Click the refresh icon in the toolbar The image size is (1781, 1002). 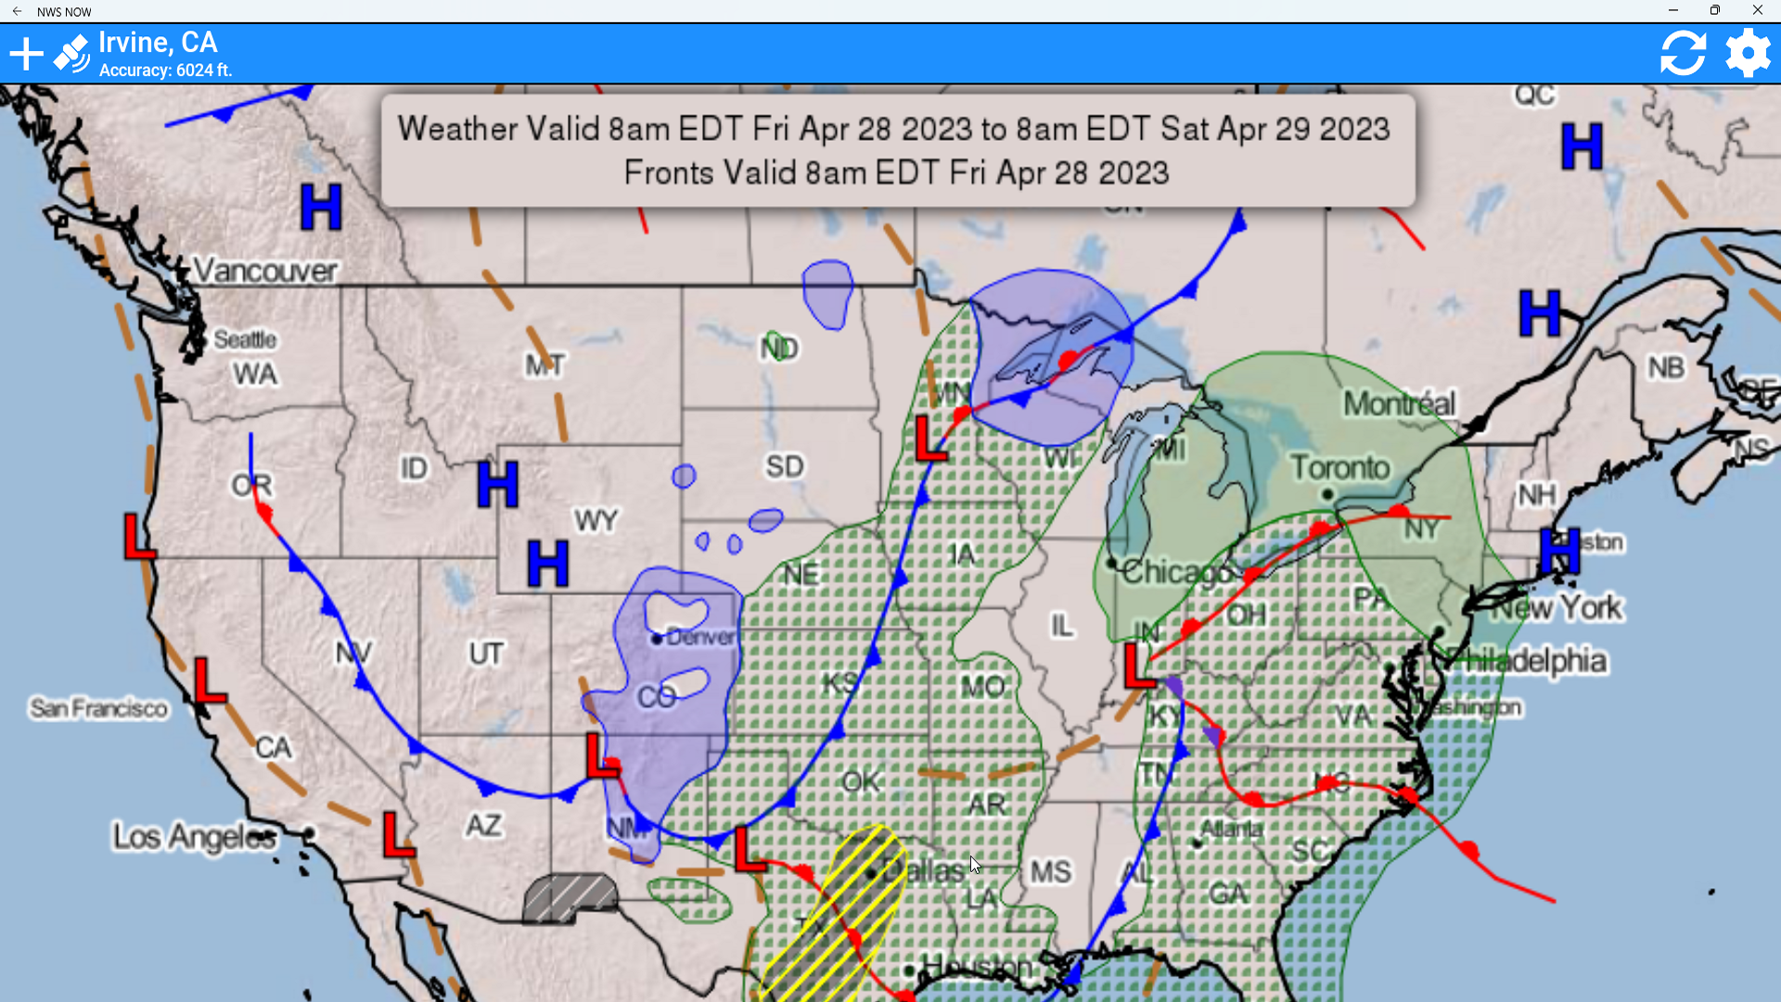[x=1683, y=53]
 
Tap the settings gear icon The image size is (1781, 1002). [x=1748, y=53]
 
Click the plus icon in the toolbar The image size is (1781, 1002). [x=27, y=54]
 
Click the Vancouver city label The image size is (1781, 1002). [x=265, y=271]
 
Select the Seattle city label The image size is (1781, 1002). [x=245, y=340]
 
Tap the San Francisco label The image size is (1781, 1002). [x=99, y=709]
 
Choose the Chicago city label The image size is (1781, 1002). [x=1176, y=572]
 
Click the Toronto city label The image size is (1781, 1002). [x=1340, y=468]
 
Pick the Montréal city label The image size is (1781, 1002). [x=1400, y=404]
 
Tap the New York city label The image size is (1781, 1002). [x=1557, y=608]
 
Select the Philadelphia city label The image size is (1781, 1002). [x=1535, y=661]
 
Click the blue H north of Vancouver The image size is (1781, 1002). [x=321, y=207]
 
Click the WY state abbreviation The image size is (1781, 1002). [x=596, y=520]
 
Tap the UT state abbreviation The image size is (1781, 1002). [x=486, y=654]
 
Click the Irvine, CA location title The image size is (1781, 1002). [x=158, y=43]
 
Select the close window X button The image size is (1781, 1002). [x=1757, y=10]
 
